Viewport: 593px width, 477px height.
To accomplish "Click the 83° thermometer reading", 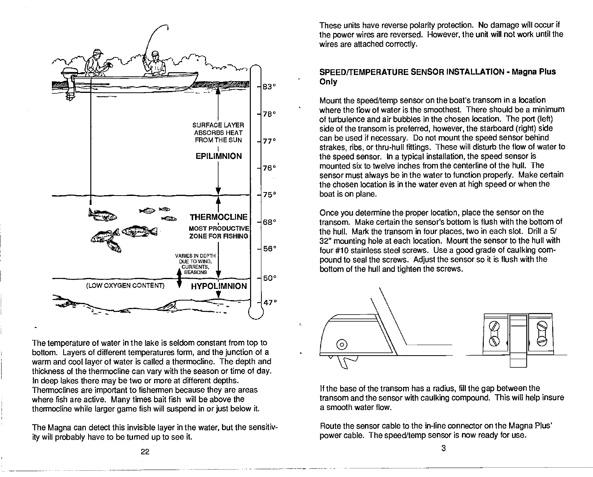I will pos(269,86).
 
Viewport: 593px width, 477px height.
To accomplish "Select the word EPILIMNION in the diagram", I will pos(218,156).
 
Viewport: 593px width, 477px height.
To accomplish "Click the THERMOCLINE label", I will pos(218,217).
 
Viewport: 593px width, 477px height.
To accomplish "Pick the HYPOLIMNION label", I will pos(219,286).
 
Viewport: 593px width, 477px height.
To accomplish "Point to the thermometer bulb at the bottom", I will pos(256,312).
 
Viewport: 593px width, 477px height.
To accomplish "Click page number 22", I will pos(145,452).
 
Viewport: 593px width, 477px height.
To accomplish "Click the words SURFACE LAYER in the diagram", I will pos(218,125).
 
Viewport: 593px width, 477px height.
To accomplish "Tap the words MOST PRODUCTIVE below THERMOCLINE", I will pos(218,228).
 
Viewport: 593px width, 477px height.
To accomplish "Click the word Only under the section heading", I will pos(328,82).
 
